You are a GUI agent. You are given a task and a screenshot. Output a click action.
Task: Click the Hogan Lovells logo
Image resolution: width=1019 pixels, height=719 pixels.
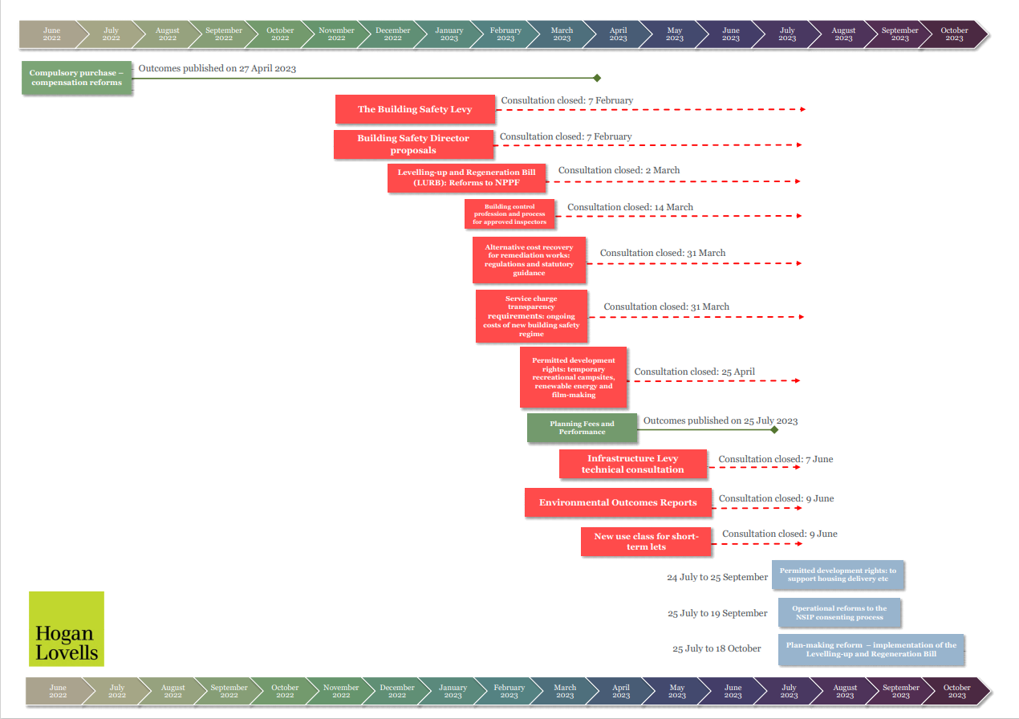(67, 628)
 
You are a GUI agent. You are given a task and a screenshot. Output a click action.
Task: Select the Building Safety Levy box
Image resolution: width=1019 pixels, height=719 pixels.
(415, 109)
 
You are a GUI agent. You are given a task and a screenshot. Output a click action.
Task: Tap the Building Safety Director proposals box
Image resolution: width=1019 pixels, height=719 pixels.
(413, 144)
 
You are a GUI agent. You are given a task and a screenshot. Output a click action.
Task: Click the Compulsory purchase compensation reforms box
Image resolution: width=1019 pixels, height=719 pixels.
(77, 78)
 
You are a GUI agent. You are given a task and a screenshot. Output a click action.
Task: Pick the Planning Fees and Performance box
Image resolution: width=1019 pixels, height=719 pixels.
(582, 428)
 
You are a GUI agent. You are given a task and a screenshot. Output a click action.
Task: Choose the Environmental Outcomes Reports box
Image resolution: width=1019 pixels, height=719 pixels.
(618, 502)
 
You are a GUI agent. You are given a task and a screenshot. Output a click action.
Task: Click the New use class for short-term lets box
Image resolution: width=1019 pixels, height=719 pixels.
(646, 542)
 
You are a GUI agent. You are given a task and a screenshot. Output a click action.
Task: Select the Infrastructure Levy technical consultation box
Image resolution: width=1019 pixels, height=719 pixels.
(633, 464)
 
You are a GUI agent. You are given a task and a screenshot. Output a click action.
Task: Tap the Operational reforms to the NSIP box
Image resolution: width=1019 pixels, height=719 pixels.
(838, 613)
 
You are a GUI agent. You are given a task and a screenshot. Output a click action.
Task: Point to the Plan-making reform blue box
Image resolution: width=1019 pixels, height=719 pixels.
(871, 649)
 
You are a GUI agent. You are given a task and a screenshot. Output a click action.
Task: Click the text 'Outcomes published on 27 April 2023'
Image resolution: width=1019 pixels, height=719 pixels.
(217, 68)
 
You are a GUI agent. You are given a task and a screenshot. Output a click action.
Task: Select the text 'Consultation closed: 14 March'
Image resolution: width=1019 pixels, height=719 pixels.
(630, 207)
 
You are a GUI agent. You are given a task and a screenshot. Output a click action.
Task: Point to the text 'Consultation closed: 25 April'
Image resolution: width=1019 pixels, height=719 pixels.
(694, 372)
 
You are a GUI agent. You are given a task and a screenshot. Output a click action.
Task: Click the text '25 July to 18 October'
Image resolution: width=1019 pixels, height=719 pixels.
(717, 648)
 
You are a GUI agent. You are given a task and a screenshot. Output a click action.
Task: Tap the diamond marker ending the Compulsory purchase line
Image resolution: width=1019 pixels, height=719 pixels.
(597, 78)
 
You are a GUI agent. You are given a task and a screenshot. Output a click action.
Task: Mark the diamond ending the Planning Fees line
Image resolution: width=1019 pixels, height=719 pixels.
(774, 430)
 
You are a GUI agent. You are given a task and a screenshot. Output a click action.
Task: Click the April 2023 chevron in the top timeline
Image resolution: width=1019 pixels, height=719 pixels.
(618, 35)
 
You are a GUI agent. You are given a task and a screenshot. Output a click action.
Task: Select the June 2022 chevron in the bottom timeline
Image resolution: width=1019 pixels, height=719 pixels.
(58, 691)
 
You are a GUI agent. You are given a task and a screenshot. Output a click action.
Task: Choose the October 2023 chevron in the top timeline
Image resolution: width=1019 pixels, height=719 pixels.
(954, 35)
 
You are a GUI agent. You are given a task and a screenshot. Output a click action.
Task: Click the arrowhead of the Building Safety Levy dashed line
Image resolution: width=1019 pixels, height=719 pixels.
(802, 108)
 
